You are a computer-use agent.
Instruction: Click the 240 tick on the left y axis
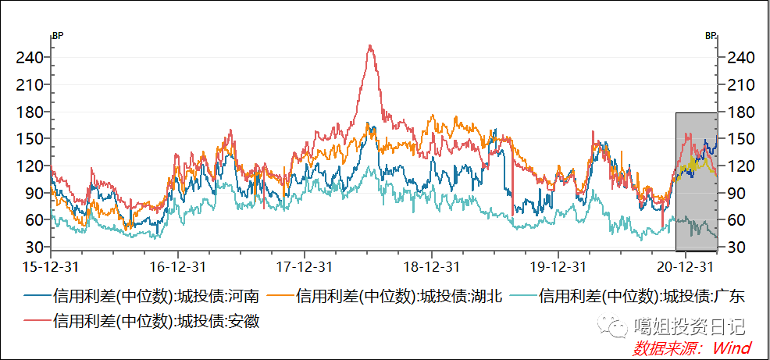(x=32, y=57)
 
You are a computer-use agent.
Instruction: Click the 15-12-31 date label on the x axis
(x=51, y=266)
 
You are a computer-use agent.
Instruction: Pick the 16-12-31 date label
(x=178, y=266)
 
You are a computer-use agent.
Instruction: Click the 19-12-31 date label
(x=558, y=266)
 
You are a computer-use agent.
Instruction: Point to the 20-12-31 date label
(x=686, y=266)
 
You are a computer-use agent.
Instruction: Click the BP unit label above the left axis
(x=57, y=35)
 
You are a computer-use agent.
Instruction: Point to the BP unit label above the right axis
(x=710, y=35)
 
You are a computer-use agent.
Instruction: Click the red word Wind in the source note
(x=732, y=348)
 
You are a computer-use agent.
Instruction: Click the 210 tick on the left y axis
(x=32, y=84)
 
